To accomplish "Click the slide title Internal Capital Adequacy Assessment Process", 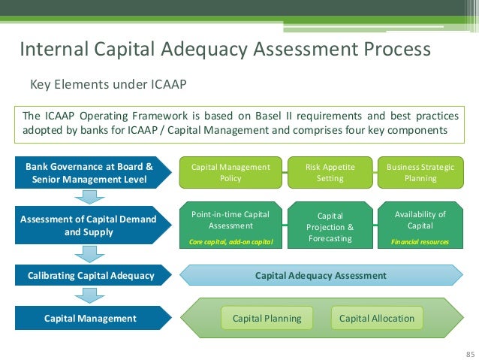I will pyautogui.click(x=224, y=50).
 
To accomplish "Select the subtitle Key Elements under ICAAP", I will pyautogui.click(x=107, y=83).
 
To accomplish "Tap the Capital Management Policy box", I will pyautogui.click(x=230, y=173).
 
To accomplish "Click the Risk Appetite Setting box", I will pyautogui.click(x=330, y=173).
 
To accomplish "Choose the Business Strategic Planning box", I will pyautogui.click(x=420, y=173).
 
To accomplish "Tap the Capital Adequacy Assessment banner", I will pyautogui.click(x=321, y=276).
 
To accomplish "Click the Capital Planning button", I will pyautogui.click(x=267, y=318).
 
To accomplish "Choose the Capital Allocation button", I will pyautogui.click(x=376, y=318).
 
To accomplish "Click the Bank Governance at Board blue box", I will pyautogui.click(x=89, y=173).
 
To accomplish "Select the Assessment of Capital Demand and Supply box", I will pyautogui.click(x=89, y=225).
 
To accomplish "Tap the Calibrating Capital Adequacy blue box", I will pyautogui.click(x=89, y=276).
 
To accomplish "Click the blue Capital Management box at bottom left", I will pyautogui.click(x=89, y=318).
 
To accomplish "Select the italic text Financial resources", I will pyautogui.click(x=420, y=243).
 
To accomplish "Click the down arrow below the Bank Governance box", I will pyautogui.click(x=89, y=197).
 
